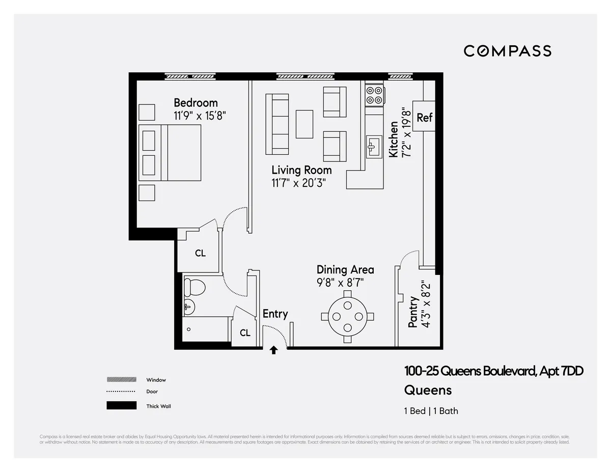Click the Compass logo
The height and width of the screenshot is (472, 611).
click(507, 51)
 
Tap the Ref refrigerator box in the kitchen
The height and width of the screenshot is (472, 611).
click(424, 117)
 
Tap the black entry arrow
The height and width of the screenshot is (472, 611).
click(274, 350)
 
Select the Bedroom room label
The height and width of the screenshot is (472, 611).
click(196, 103)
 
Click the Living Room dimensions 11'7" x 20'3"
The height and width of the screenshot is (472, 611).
click(298, 183)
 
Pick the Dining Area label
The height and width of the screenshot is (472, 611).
click(345, 269)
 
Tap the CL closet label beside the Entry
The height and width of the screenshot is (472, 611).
click(245, 333)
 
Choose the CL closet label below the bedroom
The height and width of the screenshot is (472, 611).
click(201, 253)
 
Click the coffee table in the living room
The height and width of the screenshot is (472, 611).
click(305, 124)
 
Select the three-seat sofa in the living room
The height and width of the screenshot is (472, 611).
click(277, 124)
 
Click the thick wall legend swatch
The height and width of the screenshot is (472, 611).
click(122, 406)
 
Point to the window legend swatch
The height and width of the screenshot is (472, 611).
click(122, 379)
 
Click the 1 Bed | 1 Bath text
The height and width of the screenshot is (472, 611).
click(431, 411)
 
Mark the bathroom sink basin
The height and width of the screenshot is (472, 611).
click(188, 307)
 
